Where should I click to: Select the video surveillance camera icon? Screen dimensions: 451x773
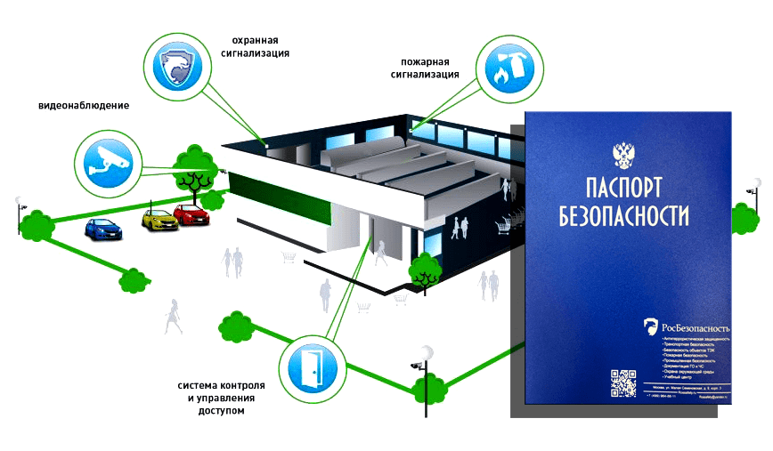106,163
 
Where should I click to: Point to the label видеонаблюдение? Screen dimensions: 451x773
84,106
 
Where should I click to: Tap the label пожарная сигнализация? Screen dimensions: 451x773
425,68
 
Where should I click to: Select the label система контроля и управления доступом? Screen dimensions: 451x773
222,398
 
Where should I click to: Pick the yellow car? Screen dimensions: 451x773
158,217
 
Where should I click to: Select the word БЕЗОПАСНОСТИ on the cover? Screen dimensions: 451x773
625,214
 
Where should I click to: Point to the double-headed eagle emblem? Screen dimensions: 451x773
624,155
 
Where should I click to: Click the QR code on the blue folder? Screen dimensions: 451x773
622,381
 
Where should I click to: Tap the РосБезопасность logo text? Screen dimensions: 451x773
696,326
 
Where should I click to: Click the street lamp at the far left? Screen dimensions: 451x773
20,209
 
